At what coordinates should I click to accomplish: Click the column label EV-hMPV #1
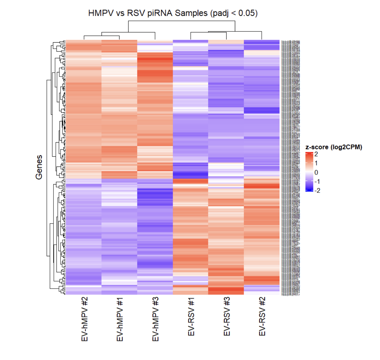[x=120, y=319]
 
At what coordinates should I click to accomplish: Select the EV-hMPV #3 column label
[x=155, y=319]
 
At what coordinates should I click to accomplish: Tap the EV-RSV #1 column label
[x=191, y=316]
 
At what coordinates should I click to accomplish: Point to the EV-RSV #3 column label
[x=227, y=316]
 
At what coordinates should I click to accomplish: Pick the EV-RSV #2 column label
[x=262, y=316]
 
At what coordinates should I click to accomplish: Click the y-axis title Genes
[x=39, y=167]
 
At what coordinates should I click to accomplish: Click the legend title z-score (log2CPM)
[x=334, y=147]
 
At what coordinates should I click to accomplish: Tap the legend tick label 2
[x=316, y=154]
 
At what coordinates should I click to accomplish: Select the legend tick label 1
[x=316, y=163]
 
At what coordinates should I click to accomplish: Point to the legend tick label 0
[x=316, y=172]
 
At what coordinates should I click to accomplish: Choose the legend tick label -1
[x=317, y=181]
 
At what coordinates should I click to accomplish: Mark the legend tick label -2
[x=317, y=190]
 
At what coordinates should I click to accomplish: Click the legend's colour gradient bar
[x=309, y=172]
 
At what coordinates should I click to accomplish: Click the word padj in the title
[x=219, y=13]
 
